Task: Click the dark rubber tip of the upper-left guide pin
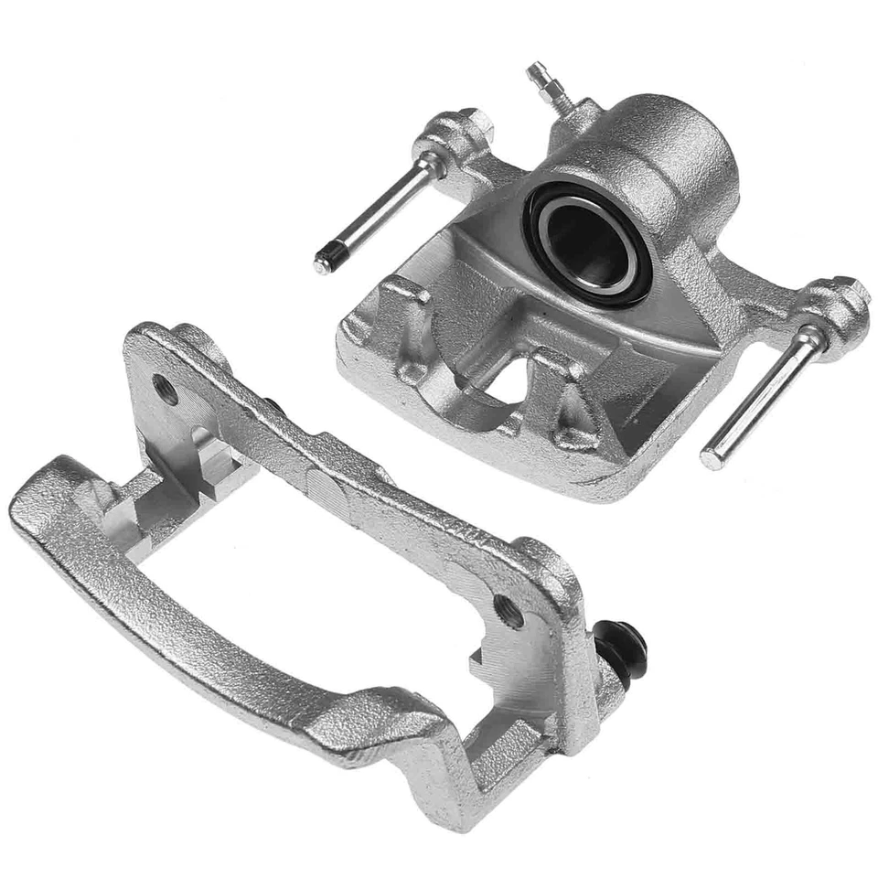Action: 324,262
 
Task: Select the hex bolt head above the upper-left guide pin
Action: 473,123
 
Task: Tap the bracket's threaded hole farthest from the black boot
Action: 166,388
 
